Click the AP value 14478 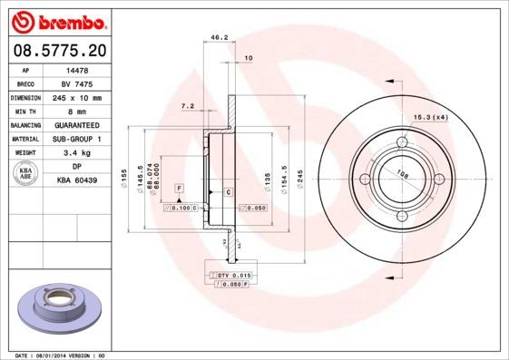click(77, 69)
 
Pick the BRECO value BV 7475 click(77, 83)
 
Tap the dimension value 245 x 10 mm click(77, 97)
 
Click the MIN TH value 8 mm click(77, 111)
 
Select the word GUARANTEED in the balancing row click(77, 125)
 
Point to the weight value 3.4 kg click(77, 153)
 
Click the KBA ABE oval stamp click(26, 174)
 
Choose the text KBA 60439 click(77, 181)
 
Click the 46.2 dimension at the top click(218, 38)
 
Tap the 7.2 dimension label click(188, 106)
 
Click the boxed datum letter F click(179, 187)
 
